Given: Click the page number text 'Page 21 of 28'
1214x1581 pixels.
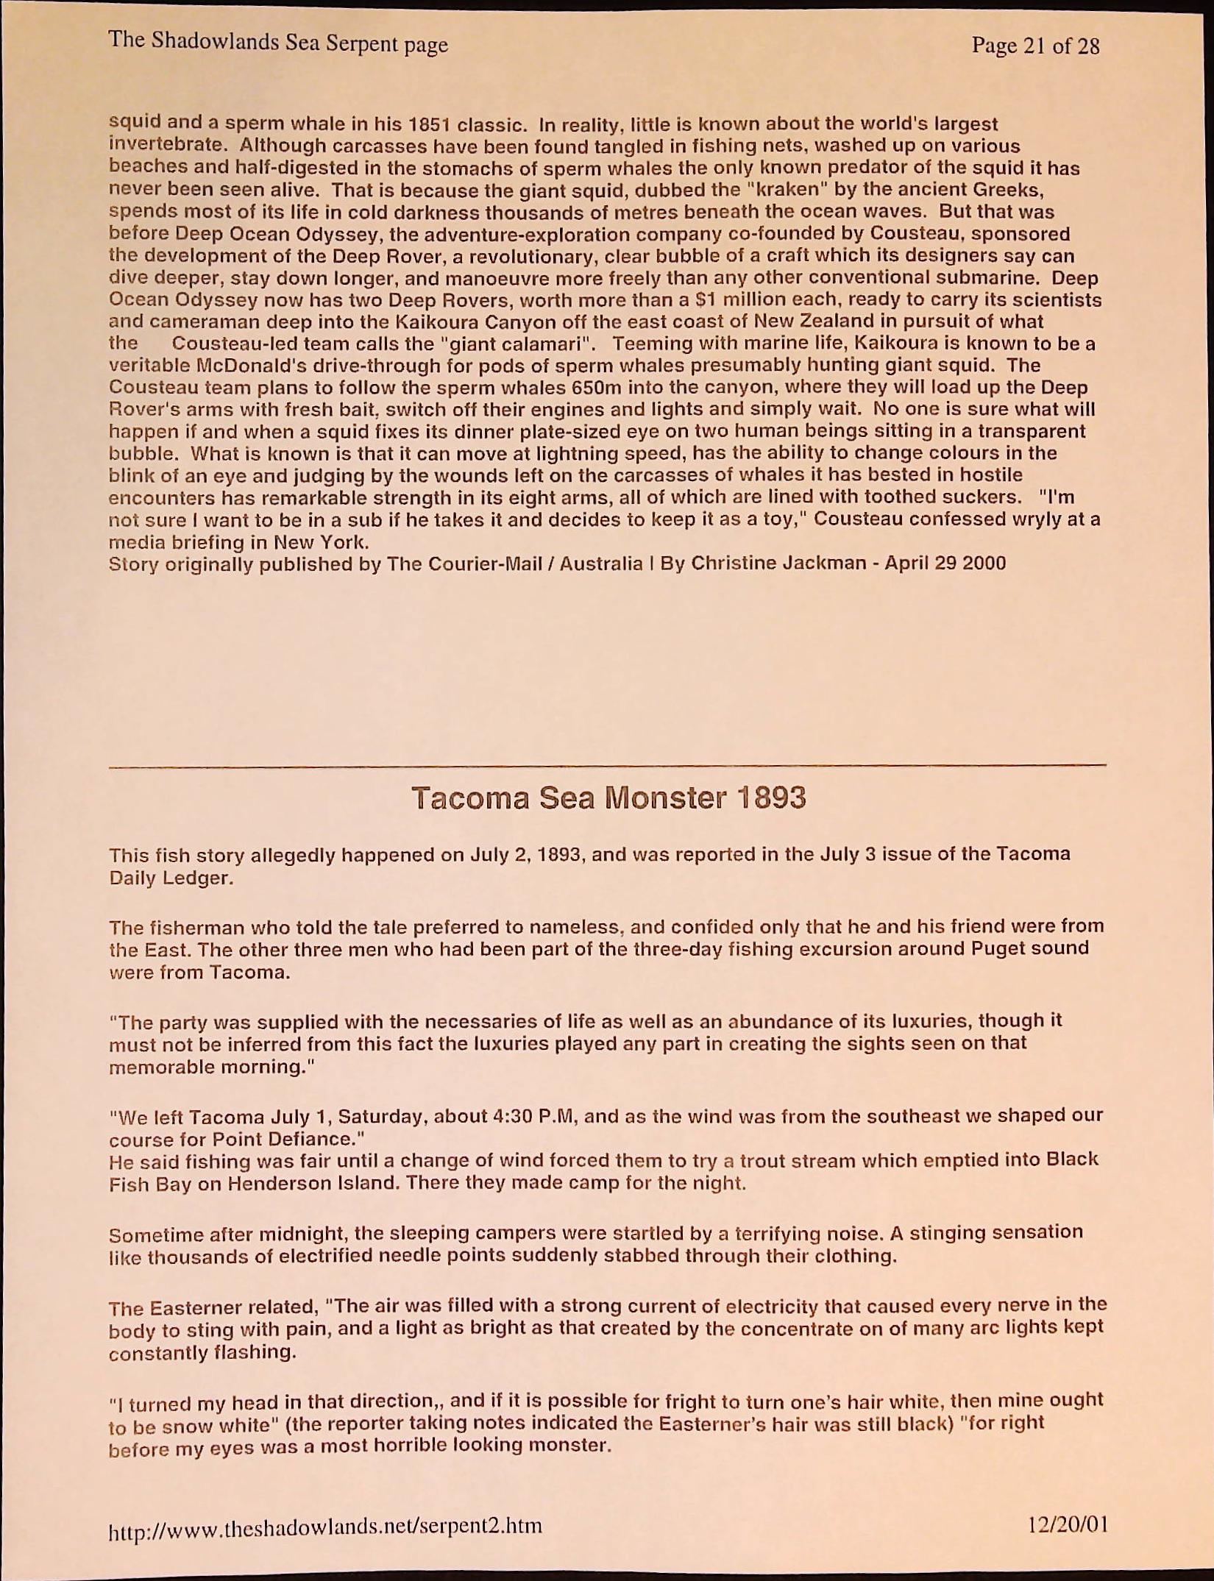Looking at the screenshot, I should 1035,46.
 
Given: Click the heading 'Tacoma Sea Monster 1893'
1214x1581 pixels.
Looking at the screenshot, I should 608,798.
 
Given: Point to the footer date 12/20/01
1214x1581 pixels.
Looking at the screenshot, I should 1068,1524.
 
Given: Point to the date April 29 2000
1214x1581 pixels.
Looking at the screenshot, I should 945,564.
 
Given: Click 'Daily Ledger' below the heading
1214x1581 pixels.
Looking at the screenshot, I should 171,878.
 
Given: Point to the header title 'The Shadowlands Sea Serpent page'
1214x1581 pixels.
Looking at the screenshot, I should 278,41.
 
